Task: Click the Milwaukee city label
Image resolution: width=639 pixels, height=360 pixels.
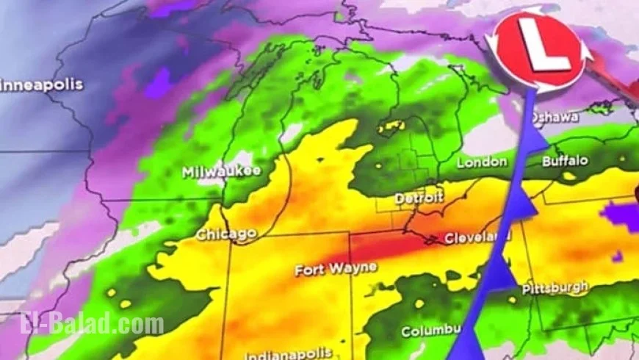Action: [221, 172]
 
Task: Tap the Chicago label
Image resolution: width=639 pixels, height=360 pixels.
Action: [226, 235]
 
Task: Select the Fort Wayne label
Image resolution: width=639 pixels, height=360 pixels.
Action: [336, 270]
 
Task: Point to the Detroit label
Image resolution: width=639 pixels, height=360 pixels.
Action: [419, 198]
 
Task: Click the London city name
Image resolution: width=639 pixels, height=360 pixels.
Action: [482, 162]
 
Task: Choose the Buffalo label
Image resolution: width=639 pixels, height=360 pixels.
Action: [566, 160]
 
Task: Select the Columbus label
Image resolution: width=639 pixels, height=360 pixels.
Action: [430, 331]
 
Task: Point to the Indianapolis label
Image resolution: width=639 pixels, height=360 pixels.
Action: [287, 354]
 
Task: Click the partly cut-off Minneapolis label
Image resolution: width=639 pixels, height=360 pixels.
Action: [41, 85]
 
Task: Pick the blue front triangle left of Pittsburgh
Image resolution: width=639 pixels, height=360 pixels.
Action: [501, 273]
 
